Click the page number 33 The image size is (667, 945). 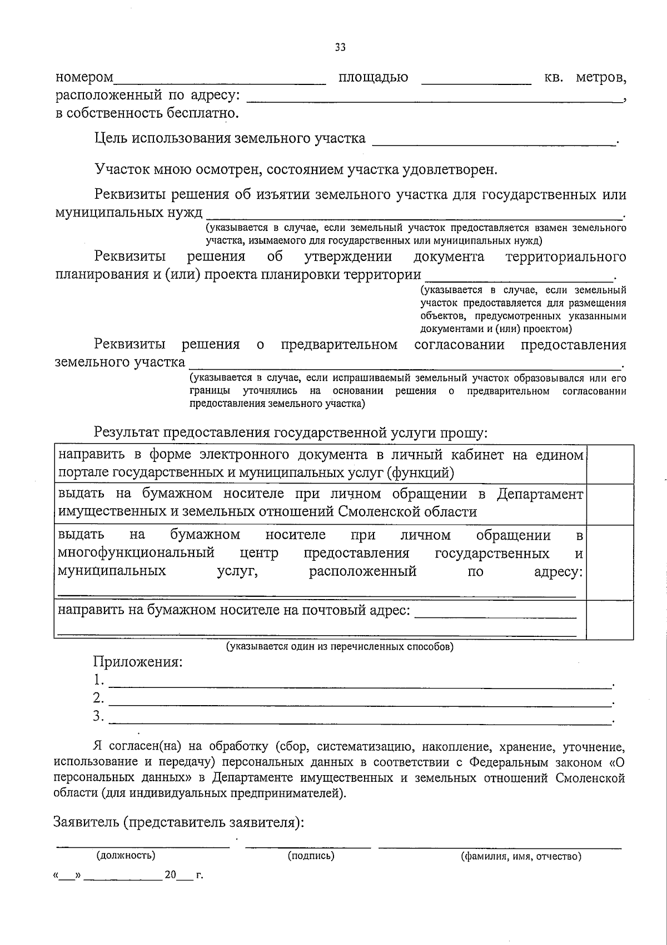[340, 48]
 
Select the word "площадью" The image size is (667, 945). [374, 78]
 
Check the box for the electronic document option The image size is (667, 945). [610, 464]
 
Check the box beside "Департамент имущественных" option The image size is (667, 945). [610, 504]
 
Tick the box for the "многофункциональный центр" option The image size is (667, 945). [610, 562]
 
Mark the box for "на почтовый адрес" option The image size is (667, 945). [610, 620]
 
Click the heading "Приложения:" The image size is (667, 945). [138, 662]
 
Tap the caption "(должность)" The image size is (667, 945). [126, 856]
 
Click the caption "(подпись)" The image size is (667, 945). [311, 856]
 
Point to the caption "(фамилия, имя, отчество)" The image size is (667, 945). [521, 856]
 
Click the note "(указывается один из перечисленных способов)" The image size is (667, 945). [339, 647]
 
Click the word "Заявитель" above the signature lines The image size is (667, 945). [84, 822]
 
